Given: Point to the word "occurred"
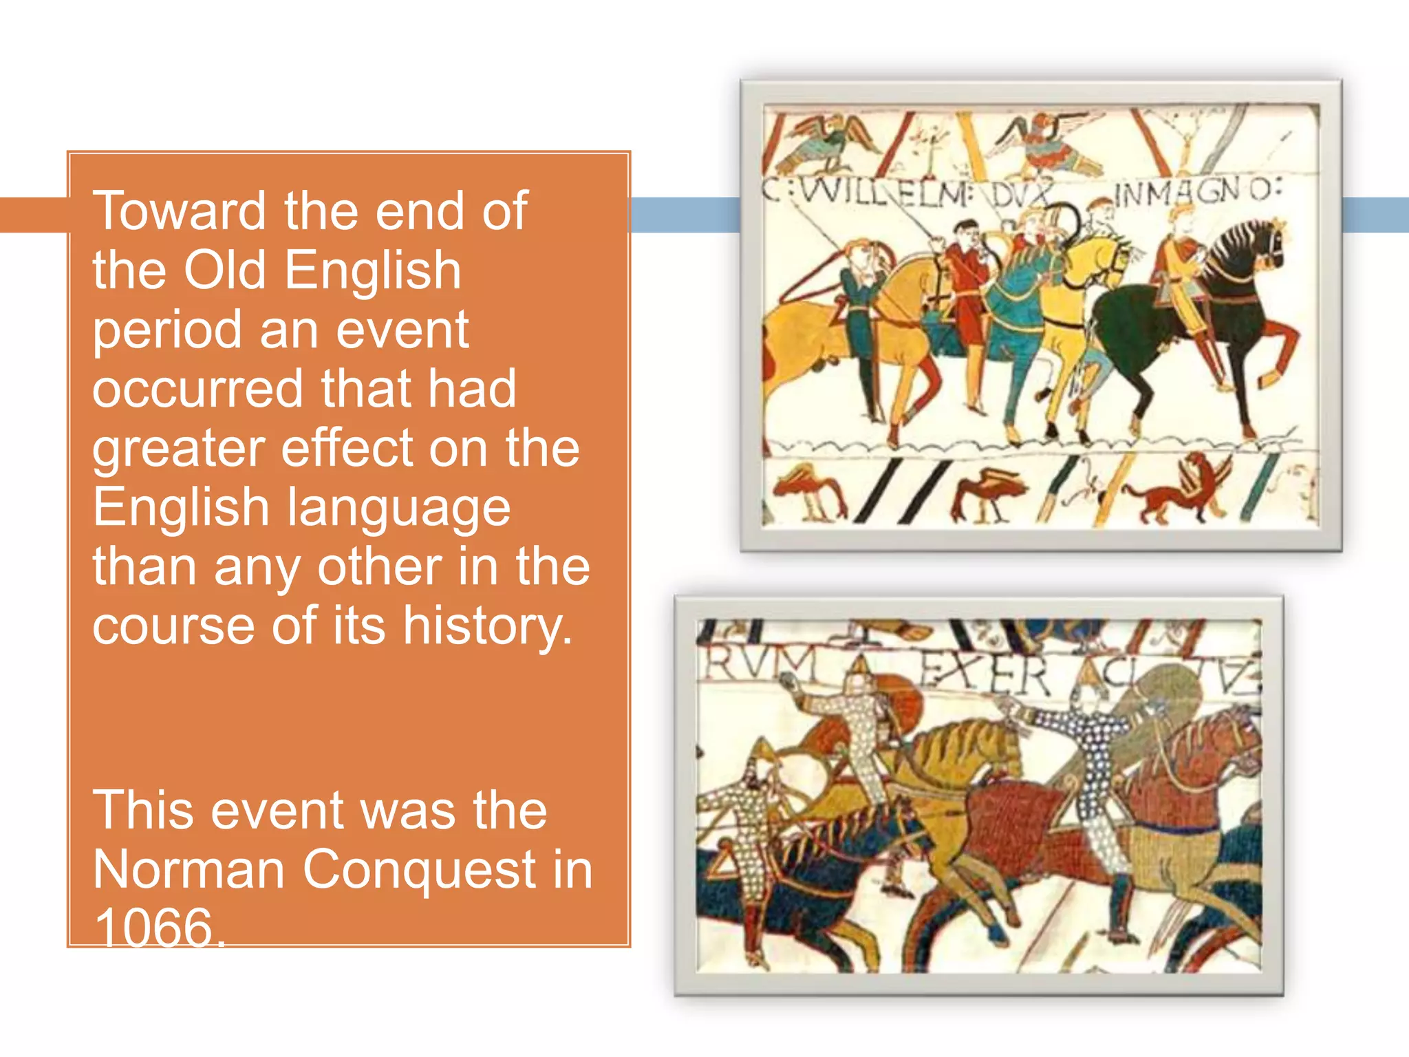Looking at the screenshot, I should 198,389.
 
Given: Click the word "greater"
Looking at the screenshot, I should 179,449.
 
